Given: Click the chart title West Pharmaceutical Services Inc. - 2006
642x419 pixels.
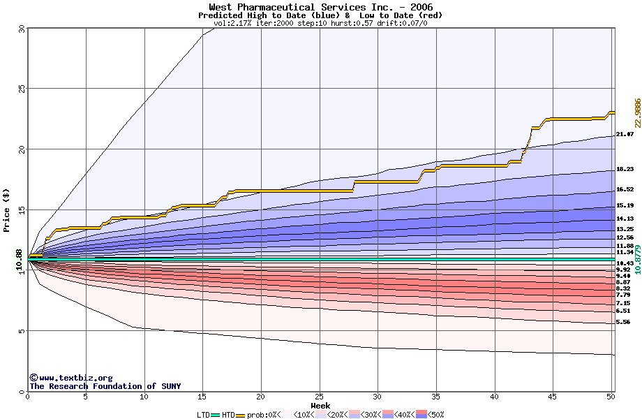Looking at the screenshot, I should (320, 7).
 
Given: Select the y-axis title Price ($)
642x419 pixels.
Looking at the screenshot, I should (7, 209).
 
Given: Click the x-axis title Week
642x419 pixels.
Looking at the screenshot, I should (320, 405).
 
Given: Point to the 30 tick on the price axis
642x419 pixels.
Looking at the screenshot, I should (22, 29).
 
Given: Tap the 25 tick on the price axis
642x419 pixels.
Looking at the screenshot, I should (22, 89).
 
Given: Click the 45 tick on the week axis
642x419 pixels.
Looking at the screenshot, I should (553, 397).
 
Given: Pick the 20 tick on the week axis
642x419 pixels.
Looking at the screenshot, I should (260, 397).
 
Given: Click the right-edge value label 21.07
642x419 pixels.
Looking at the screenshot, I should (625, 134).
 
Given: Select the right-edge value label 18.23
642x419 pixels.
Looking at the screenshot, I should (625, 170).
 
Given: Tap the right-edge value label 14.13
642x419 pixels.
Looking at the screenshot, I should (625, 219).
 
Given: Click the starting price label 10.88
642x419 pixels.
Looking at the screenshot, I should (20, 260).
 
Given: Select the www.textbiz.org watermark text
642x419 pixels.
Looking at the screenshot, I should (70, 378).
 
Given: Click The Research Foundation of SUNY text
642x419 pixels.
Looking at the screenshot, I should (105, 386).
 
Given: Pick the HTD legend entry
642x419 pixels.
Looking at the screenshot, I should (228, 415).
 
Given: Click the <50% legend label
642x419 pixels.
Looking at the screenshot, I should (436, 415).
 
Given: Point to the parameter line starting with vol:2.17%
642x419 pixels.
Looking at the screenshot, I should (320, 23).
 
